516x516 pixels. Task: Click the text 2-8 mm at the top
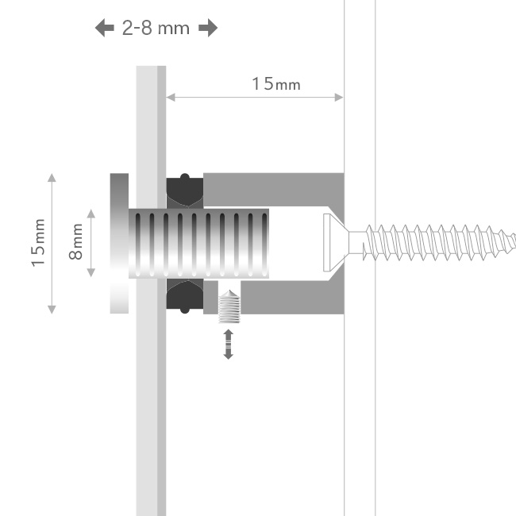tap(156, 29)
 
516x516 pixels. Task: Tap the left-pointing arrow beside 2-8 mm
tap(104, 29)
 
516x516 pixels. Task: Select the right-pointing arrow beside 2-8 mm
tap(208, 29)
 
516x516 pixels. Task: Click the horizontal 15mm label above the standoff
tap(276, 83)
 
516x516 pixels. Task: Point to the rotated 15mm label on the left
tap(38, 244)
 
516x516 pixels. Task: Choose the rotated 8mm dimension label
tap(76, 244)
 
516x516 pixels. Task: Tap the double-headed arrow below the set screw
tap(229, 345)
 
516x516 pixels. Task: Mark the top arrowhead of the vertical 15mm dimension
tap(52, 176)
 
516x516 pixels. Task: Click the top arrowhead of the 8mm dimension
tap(92, 213)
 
